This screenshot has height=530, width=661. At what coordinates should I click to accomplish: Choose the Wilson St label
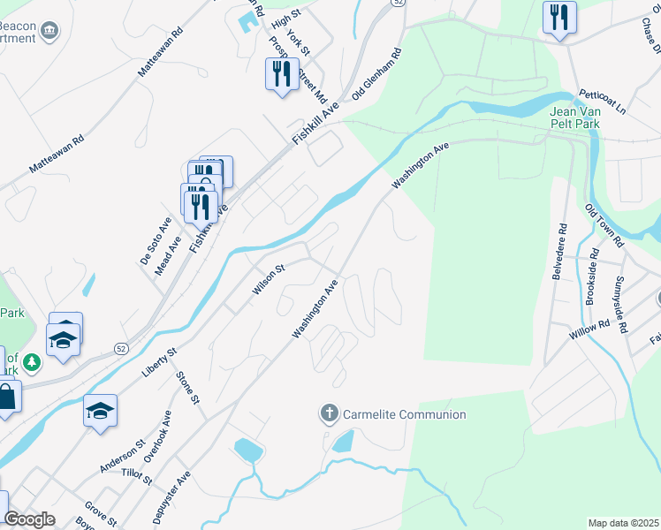coord(268,279)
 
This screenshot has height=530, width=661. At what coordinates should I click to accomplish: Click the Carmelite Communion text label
coord(404,414)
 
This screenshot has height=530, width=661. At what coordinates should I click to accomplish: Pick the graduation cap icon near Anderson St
coord(101,411)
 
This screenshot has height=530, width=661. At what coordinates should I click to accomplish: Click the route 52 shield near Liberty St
coord(120,349)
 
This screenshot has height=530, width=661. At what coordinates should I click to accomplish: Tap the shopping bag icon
coord(5,397)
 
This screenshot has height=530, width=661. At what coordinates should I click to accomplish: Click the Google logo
coord(29,520)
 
